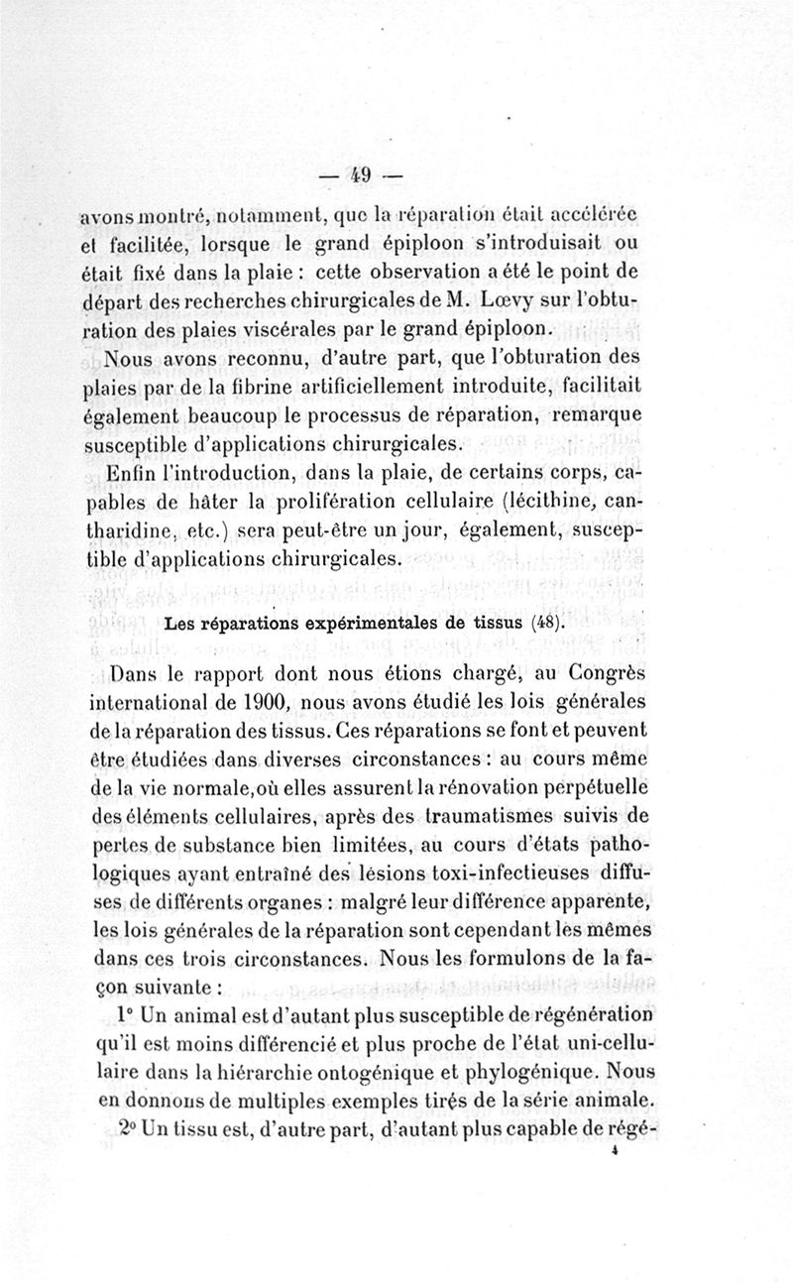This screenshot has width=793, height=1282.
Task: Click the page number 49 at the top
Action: point(358,176)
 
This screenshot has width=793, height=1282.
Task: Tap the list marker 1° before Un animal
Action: point(124,1016)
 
